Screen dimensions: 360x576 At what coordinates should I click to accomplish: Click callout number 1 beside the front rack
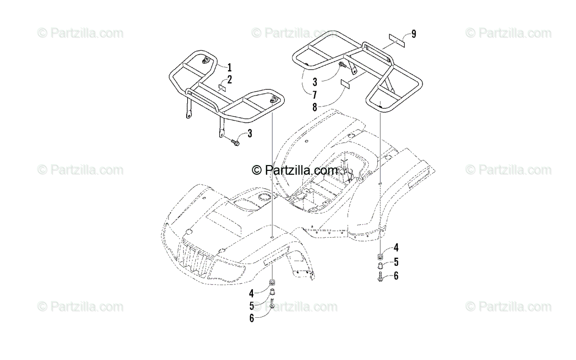point(229,67)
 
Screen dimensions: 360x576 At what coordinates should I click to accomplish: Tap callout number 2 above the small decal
point(229,79)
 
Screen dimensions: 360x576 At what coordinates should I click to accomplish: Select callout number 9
point(413,34)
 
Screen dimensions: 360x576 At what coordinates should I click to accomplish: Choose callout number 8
point(314,108)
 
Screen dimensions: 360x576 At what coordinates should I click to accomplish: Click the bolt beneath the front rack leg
point(235,142)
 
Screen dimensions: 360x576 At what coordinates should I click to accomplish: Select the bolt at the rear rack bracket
point(342,64)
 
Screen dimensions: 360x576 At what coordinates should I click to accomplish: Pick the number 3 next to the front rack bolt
point(250,134)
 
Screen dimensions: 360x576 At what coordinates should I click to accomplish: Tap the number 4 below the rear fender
point(396,248)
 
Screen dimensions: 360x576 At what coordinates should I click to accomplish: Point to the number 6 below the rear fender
point(396,276)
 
